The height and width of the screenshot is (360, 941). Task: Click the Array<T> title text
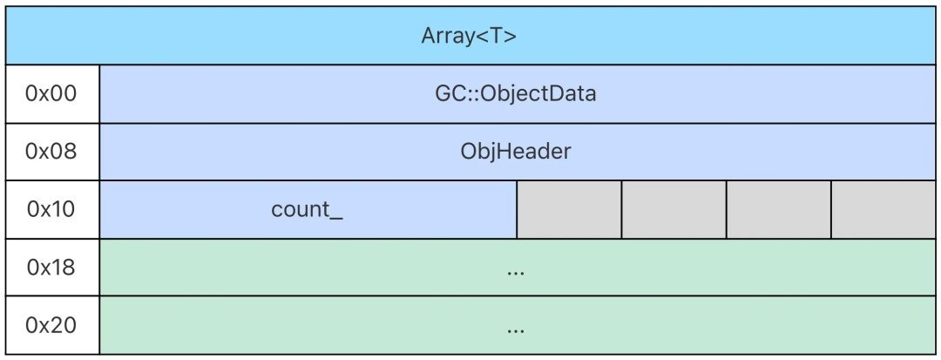[x=469, y=36]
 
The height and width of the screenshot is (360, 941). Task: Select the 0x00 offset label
[x=51, y=94]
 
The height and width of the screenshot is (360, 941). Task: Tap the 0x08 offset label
[x=51, y=152]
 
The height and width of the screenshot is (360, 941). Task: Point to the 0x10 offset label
[x=51, y=209]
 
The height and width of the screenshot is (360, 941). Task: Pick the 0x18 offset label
[x=51, y=268]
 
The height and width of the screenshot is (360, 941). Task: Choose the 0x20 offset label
[x=51, y=325]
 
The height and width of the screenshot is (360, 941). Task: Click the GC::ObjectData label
[x=516, y=94]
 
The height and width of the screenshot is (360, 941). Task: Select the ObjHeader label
[x=516, y=152]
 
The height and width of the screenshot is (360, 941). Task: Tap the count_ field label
[x=308, y=210]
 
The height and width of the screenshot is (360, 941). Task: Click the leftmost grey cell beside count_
[x=569, y=210]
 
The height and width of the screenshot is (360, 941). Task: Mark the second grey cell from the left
[x=674, y=210]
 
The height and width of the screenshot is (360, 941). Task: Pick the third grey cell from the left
[x=779, y=210]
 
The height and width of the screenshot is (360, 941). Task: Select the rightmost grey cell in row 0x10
[x=883, y=210]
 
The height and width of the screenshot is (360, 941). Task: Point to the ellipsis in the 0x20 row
[x=516, y=330]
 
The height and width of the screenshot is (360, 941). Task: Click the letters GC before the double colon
[x=450, y=94]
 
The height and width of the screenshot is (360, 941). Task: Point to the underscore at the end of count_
[x=336, y=220]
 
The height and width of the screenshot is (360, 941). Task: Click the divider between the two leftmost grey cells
[x=622, y=210]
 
